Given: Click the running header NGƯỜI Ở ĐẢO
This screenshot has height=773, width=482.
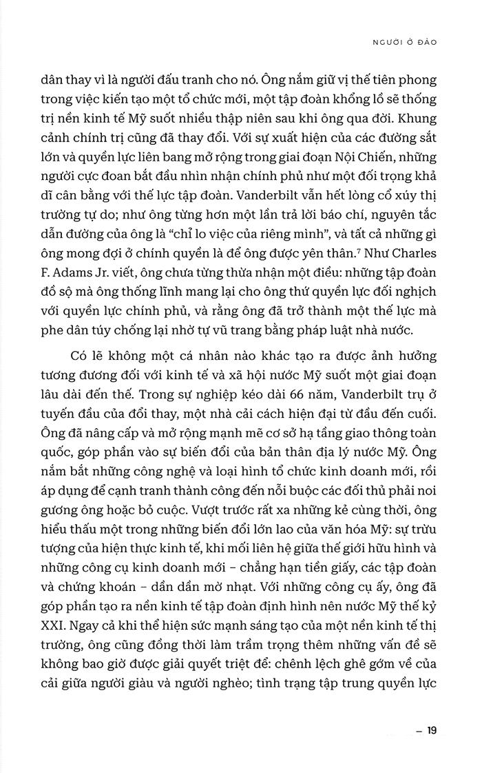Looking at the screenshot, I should [x=406, y=42].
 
